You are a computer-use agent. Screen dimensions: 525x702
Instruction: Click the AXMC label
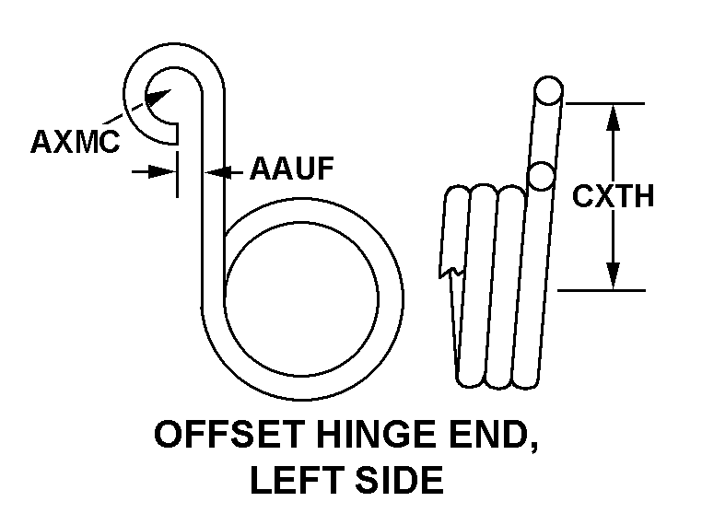(x=75, y=142)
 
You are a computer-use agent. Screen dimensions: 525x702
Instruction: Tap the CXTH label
(x=613, y=195)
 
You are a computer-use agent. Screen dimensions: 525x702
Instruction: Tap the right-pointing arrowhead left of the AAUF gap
(x=167, y=170)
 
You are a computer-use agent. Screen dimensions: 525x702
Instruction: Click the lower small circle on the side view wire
(x=541, y=174)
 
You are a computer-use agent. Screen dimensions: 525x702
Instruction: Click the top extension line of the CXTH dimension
(x=603, y=102)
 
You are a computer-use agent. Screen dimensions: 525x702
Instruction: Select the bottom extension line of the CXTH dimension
(x=603, y=290)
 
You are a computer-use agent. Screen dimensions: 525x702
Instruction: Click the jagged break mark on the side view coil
(x=450, y=270)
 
